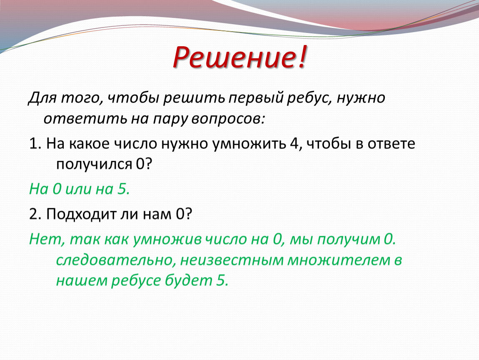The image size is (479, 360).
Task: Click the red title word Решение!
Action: (239, 57)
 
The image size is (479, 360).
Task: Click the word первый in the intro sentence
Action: (256, 98)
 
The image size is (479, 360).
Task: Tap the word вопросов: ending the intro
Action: (228, 119)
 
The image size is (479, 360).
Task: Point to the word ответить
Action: (85, 119)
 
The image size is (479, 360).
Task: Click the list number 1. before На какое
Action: (35, 143)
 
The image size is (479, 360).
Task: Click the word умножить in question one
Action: (249, 144)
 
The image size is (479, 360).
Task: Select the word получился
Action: (94, 165)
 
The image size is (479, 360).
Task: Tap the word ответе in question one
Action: (391, 143)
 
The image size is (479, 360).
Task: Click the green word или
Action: (78, 189)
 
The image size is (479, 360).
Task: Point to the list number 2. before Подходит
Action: (35, 214)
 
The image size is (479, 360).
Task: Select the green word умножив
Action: (167, 239)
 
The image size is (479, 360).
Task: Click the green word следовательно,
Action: (116, 260)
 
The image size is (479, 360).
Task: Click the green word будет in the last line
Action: (189, 280)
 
